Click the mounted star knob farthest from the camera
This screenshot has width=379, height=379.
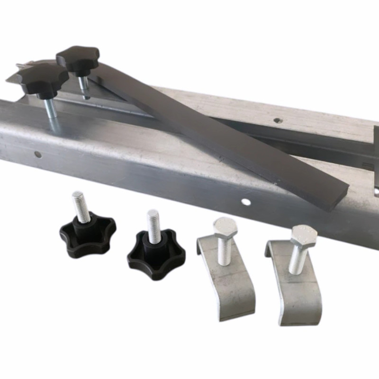[78, 57]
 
